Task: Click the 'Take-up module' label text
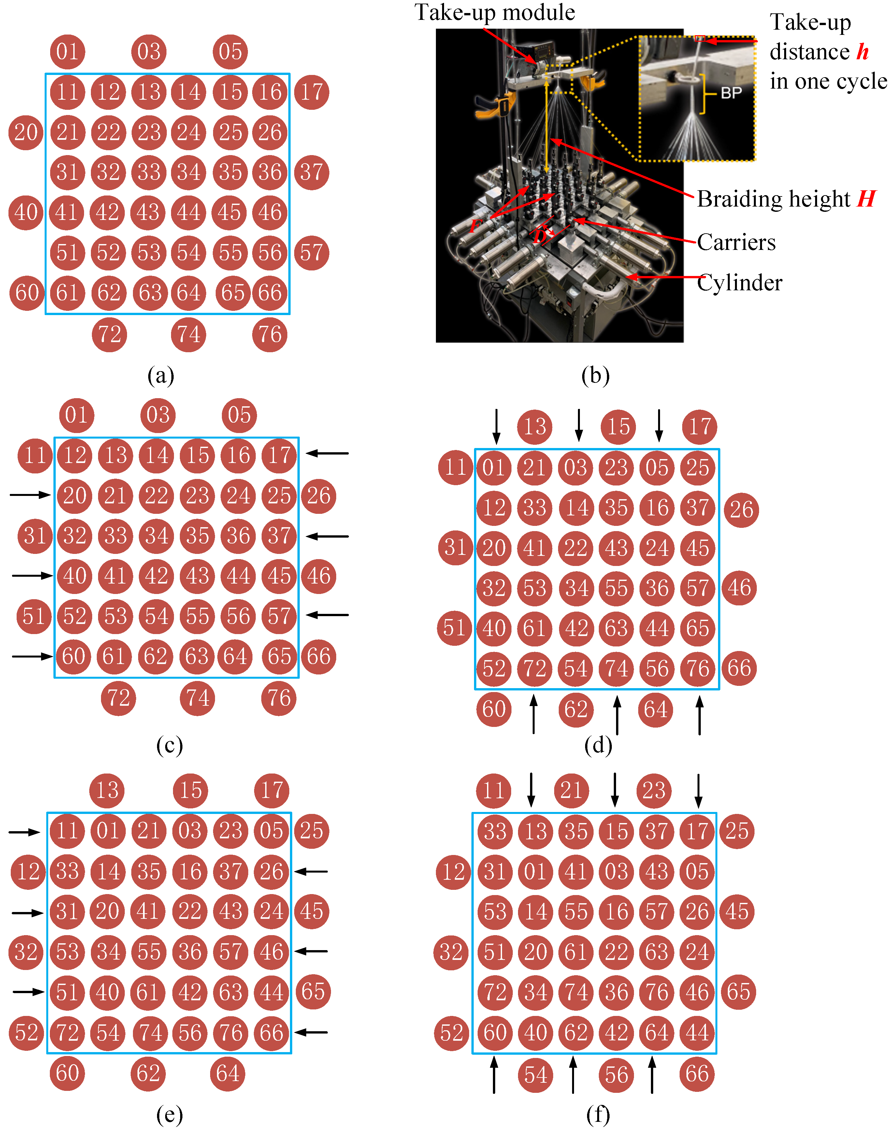click(x=495, y=12)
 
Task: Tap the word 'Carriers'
click(x=736, y=242)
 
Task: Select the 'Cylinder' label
click(x=740, y=282)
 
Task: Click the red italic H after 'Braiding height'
click(x=866, y=199)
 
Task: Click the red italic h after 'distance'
click(x=863, y=52)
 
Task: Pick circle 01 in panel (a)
click(x=67, y=52)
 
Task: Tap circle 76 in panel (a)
click(x=270, y=334)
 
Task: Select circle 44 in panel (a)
click(x=189, y=212)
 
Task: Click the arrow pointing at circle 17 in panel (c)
click(x=327, y=453)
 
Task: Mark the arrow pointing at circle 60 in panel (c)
click(x=32, y=656)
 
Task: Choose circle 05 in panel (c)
click(x=239, y=415)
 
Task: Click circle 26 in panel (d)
click(x=741, y=510)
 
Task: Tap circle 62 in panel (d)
click(x=576, y=710)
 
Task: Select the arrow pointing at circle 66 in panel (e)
click(x=311, y=1032)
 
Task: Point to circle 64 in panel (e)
click(x=228, y=1074)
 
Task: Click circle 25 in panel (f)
click(x=737, y=831)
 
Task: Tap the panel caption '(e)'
click(x=170, y=1115)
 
